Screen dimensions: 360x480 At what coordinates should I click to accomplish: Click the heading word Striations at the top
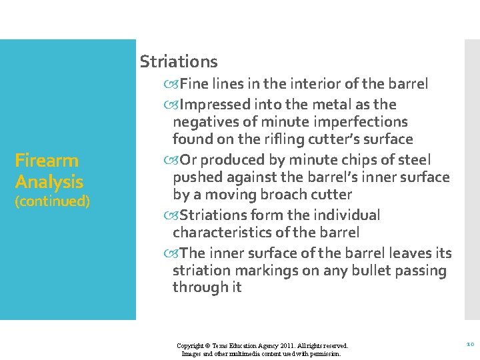click(179, 62)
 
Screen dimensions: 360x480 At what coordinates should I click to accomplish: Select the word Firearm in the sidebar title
click(47, 161)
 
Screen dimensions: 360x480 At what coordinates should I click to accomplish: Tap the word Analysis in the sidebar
click(49, 182)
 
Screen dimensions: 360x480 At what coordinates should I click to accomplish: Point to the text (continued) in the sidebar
click(53, 201)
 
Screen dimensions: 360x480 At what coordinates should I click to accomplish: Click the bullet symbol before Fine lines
click(175, 85)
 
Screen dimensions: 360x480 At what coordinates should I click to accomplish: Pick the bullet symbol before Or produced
click(175, 161)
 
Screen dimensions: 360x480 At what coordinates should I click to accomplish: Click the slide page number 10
click(470, 344)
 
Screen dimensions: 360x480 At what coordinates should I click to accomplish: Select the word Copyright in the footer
click(191, 346)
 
